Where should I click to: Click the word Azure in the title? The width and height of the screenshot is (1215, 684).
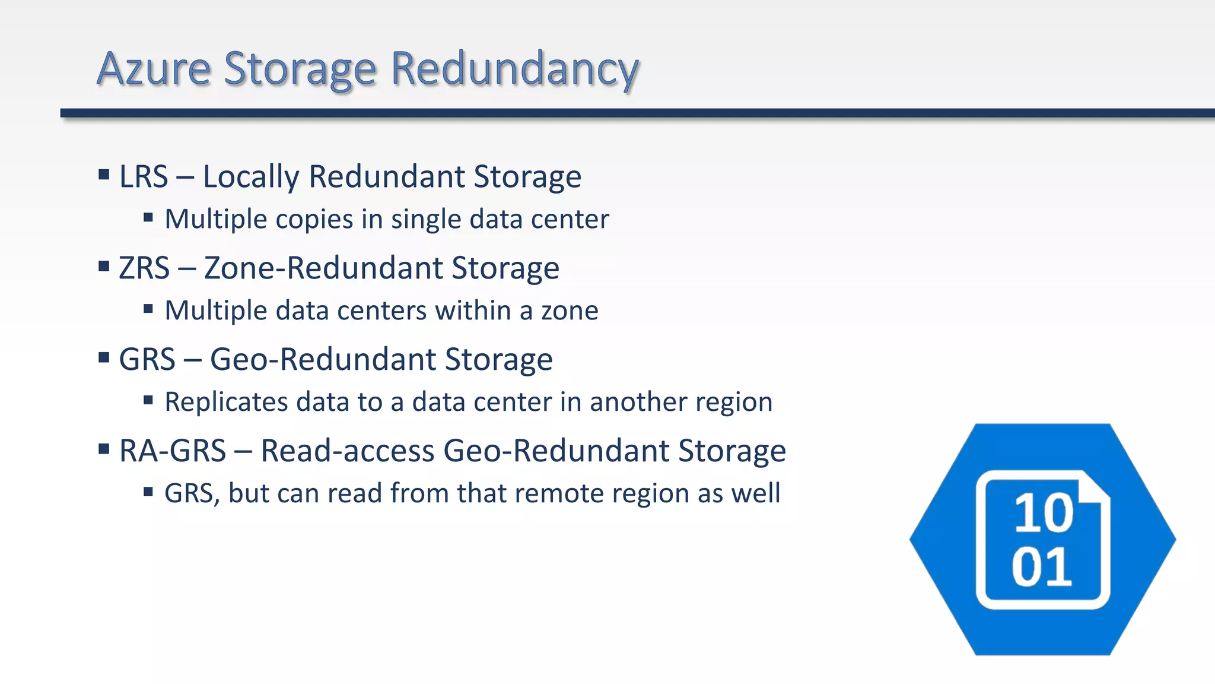pos(154,69)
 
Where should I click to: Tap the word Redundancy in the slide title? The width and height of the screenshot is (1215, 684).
pos(514,70)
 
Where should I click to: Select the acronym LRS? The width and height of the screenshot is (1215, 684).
pos(144,177)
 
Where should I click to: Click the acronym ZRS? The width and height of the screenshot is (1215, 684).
pos(144,268)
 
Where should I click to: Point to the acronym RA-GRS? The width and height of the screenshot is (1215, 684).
pos(173,451)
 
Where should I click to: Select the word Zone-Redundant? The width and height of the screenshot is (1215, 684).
pos(323,268)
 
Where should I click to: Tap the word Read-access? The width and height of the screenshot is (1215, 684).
pos(348,451)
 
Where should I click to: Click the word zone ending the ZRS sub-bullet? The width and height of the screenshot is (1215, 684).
pos(570,311)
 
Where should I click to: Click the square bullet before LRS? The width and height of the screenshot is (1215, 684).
pos(104,175)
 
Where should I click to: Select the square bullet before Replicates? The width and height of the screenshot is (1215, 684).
pos(148,400)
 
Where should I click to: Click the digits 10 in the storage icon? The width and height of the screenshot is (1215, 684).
pos(1044,513)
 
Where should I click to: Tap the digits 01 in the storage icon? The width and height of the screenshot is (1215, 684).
pos(1042,568)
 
